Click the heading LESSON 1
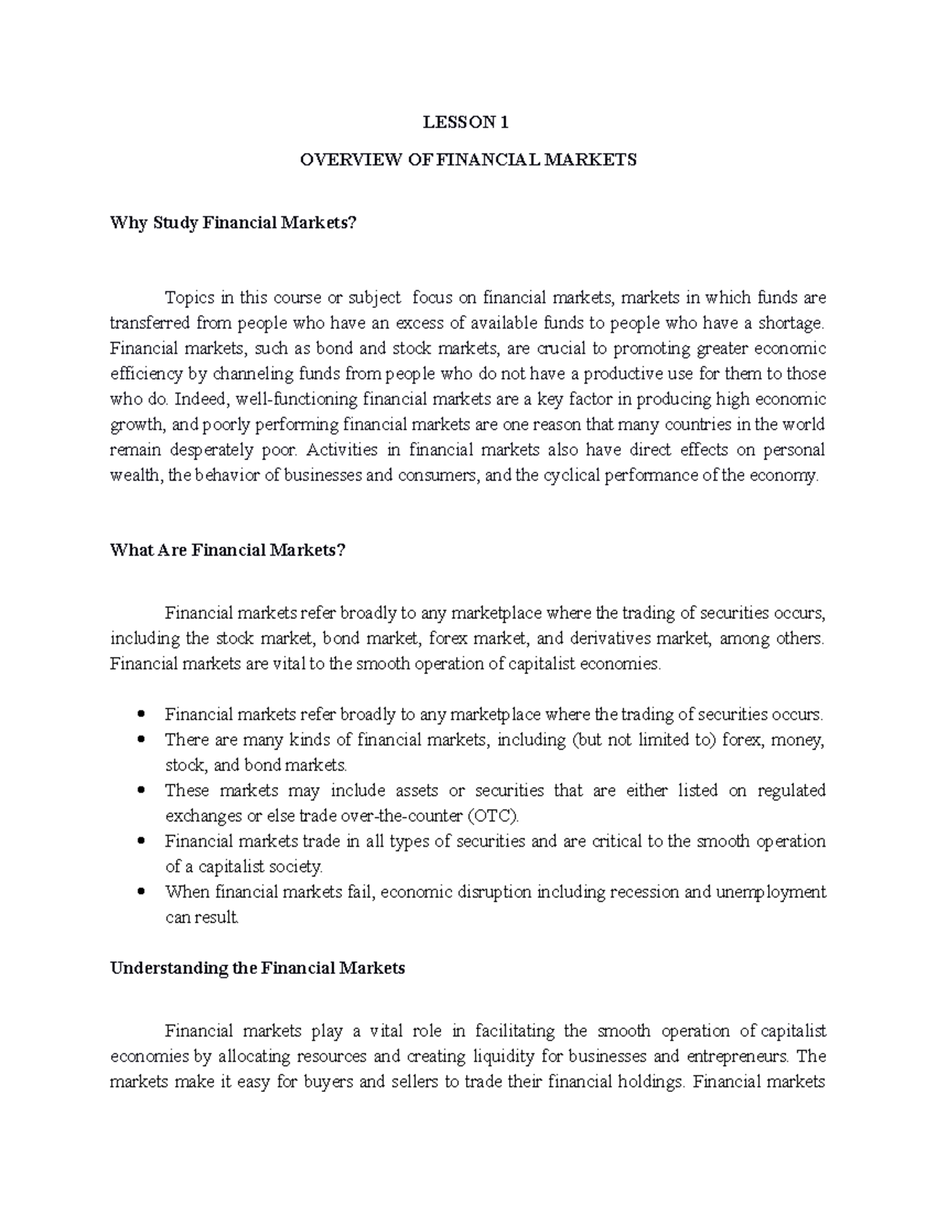click(x=466, y=122)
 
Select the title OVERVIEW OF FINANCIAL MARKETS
click(x=468, y=160)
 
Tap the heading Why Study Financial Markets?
click(x=233, y=223)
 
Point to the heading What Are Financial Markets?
click(x=227, y=550)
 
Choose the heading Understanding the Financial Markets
click(x=258, y=969)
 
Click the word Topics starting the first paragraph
click(x=188, y=298)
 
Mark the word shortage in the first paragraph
click(x=793, y=323)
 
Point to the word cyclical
click(x=571, y=476)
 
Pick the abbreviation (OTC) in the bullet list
click(x=493, y=816)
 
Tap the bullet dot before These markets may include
click(x=141, y=790)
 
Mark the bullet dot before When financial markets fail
click(x=141, y=892)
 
